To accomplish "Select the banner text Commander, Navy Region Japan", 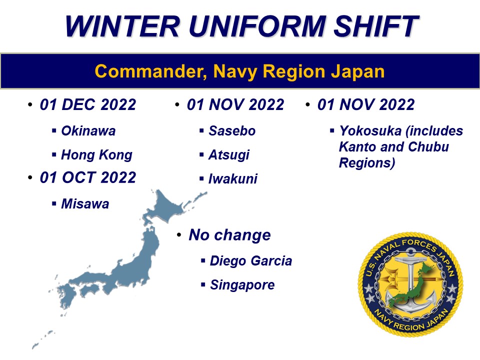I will [240, 71].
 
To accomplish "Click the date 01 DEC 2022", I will [88, 105].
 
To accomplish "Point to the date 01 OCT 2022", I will [88, 178].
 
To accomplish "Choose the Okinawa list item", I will [88, 131].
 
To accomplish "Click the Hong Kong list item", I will [96, 155].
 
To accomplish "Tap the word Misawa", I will [84, 204].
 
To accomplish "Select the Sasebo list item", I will [232, 131].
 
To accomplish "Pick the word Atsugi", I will [228, 155].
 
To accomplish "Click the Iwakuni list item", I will [232, 179].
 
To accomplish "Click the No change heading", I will [229, 235].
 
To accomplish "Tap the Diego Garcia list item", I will [250, 261].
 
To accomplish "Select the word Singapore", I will [242, 285].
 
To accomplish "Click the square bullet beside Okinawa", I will [54, 131].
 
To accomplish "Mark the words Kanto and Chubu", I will [394, 147].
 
